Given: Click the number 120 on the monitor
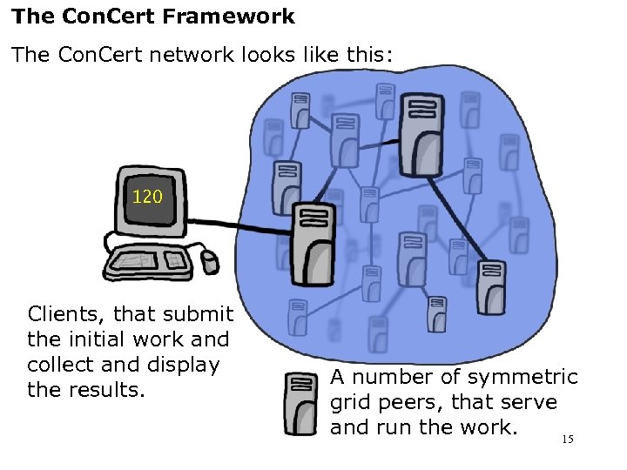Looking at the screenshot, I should click(x=147, y=197).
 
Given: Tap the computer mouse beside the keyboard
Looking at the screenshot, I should click(x=210, y=260).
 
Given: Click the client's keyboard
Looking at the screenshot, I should click(x=152, y=258).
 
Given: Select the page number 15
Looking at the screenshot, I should click(x=567, y=440).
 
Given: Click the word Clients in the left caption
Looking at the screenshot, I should click(x=67, y=314).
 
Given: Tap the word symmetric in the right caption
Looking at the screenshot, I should click(x=522, y=377).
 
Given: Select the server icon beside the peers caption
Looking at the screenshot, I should click(x=301, y=403).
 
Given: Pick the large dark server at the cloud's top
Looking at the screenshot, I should click(x=421, y=135).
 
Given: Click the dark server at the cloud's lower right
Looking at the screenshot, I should click(x=489, y=287).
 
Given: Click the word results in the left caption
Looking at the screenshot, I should click(x=111, y=390).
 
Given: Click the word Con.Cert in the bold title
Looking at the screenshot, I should click(x=97, y=17).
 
